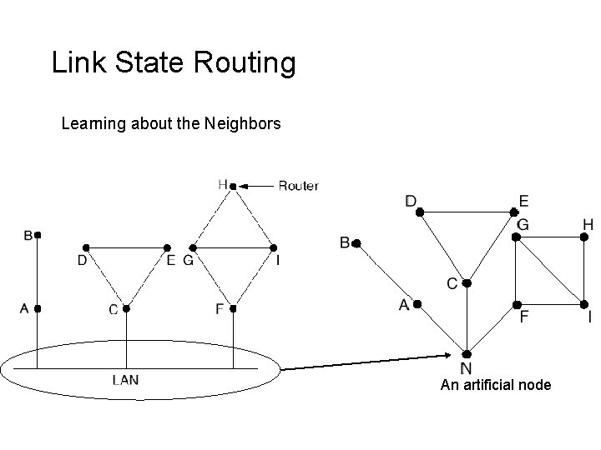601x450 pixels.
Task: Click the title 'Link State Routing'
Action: pyautogui.click(x=174, y=63)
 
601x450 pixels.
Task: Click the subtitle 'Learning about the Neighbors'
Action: pyautogui.click(x=171, y=125)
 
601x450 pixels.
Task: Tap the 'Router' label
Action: pyautogui.click(x=298, y=185)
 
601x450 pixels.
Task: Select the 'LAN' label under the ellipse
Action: pyautogui.click(x=126, y=380)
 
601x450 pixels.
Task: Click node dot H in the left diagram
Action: pyautogui.click(x=233, y=185)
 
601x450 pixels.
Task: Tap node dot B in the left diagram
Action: pyautogui.click(x=38, y=235)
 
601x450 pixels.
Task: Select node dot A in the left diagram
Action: pyautogui.click(x=38, y=308)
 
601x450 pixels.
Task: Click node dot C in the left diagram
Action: pyautogui.click(x=126, y=308)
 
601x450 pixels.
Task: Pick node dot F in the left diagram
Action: pyautogui.click(x=234, y=308)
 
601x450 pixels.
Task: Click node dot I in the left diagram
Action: pyautogui.click(x=273, y=247)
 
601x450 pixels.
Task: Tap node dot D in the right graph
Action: pyautogui.click(x=421, y=213)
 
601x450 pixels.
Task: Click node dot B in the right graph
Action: pyautogui.click(x=356, y=243)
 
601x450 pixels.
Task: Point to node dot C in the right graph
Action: pyautogui.click(x=467, y=283)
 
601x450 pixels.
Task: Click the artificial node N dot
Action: pyautogui.click(x=467, y=352)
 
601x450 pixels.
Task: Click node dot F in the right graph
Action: pyautogui.click(x=517, y=303)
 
